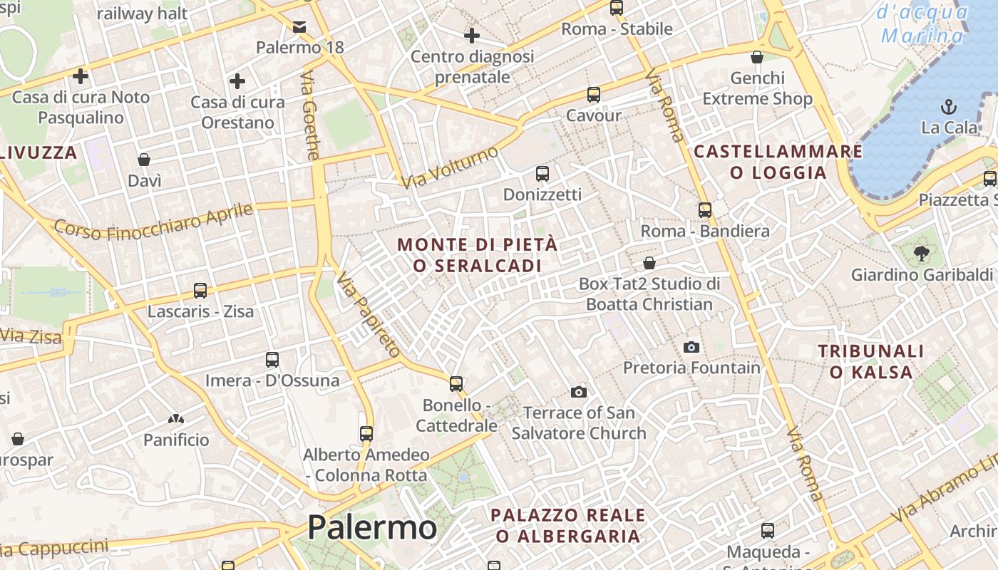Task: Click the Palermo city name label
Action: pos(371,528)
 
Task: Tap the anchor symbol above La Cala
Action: pos(948,108)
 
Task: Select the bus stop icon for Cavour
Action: pos(593,95)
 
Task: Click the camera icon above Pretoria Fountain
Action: pos(691,348)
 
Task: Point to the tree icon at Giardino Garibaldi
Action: pos(921,252)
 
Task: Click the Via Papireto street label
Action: pos(369,313)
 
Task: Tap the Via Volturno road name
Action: pos(449,167)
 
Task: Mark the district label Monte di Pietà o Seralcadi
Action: pos(477,255)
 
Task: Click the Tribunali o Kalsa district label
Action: pos(870,361)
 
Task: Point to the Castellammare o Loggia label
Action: pos(778,162)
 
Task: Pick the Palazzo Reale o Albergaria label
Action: pos(568,525)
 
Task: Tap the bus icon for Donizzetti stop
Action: pos(542,174)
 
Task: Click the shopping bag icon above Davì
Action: pos(144,160)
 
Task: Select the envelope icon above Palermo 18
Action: pos(299,27)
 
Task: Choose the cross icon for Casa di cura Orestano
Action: pos(237,81)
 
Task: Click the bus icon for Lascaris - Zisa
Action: pos(200,291)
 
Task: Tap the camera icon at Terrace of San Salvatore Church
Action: pos(578,392)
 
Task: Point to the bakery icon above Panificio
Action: pos(176,419)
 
